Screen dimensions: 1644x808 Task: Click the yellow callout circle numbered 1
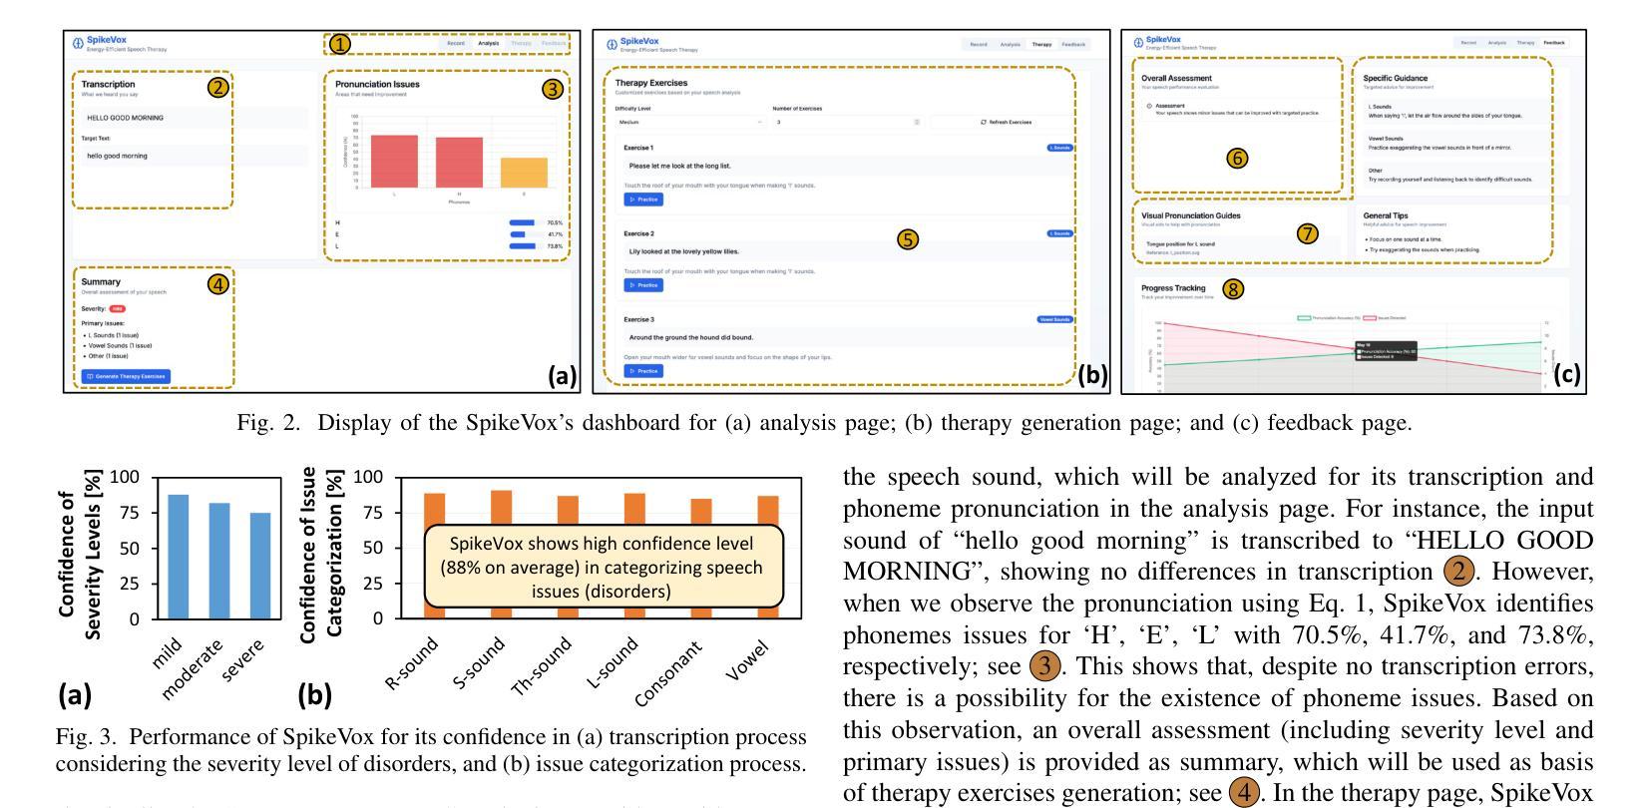pyautogui.click(x=340, y=44)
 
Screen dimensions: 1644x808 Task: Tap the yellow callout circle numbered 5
pyautogui.click(x=908, y=239)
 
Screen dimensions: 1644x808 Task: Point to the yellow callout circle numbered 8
pyautogui.click(x=1234, y=289)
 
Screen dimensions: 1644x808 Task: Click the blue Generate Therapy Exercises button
pyautogui.click(x=127, y=376)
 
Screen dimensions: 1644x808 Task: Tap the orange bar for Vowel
pyautogui.click(x=767, y=557)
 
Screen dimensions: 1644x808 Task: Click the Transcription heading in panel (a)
pyautogui.click(x=108, y=85)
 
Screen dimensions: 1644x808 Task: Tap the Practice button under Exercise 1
pyautogui.click(x=643, y=200)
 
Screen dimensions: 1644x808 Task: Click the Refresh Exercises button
pyautogui.click(x=1007, y=122)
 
